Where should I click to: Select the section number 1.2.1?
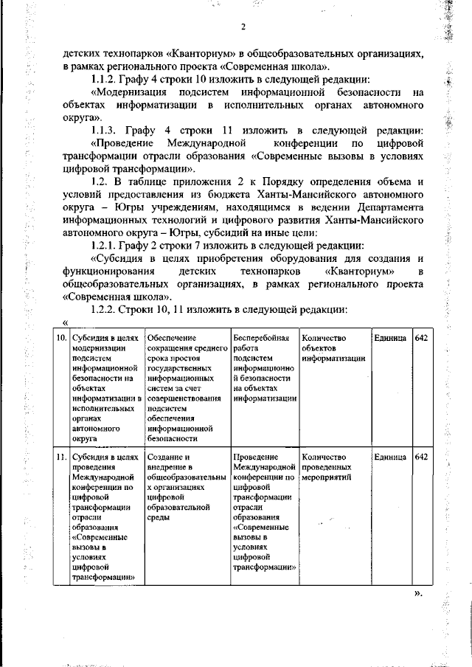click(105, 244)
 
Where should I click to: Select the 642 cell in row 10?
click(422, 337)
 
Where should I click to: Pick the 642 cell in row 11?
click(422, 457)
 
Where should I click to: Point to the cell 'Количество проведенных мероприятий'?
click(330, 467)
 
